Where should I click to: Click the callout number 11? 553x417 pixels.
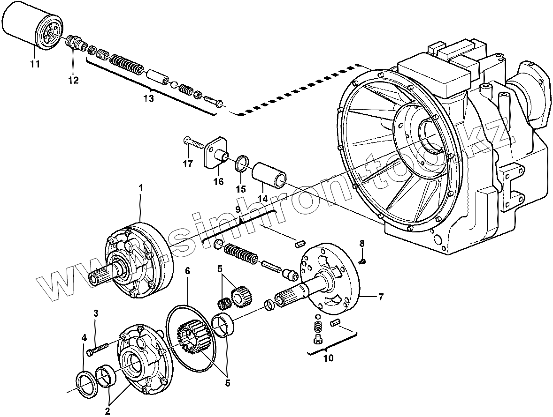(x=35, y=64)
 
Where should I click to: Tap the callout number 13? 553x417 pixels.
(x=148, y=98)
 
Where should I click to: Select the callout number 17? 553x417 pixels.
(x=188, y=164)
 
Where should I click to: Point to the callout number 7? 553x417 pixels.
(x=381, y=297)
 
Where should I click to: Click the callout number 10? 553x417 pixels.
(x=328, y=358)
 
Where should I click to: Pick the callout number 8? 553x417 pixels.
(x=361, y=243)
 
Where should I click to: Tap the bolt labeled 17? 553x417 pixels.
(x=192, y=141)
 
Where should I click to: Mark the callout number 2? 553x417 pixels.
(x=108, y=412)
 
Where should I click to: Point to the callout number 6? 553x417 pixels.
(x=187, y=271)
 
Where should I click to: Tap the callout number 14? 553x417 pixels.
(x=262, y=199)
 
